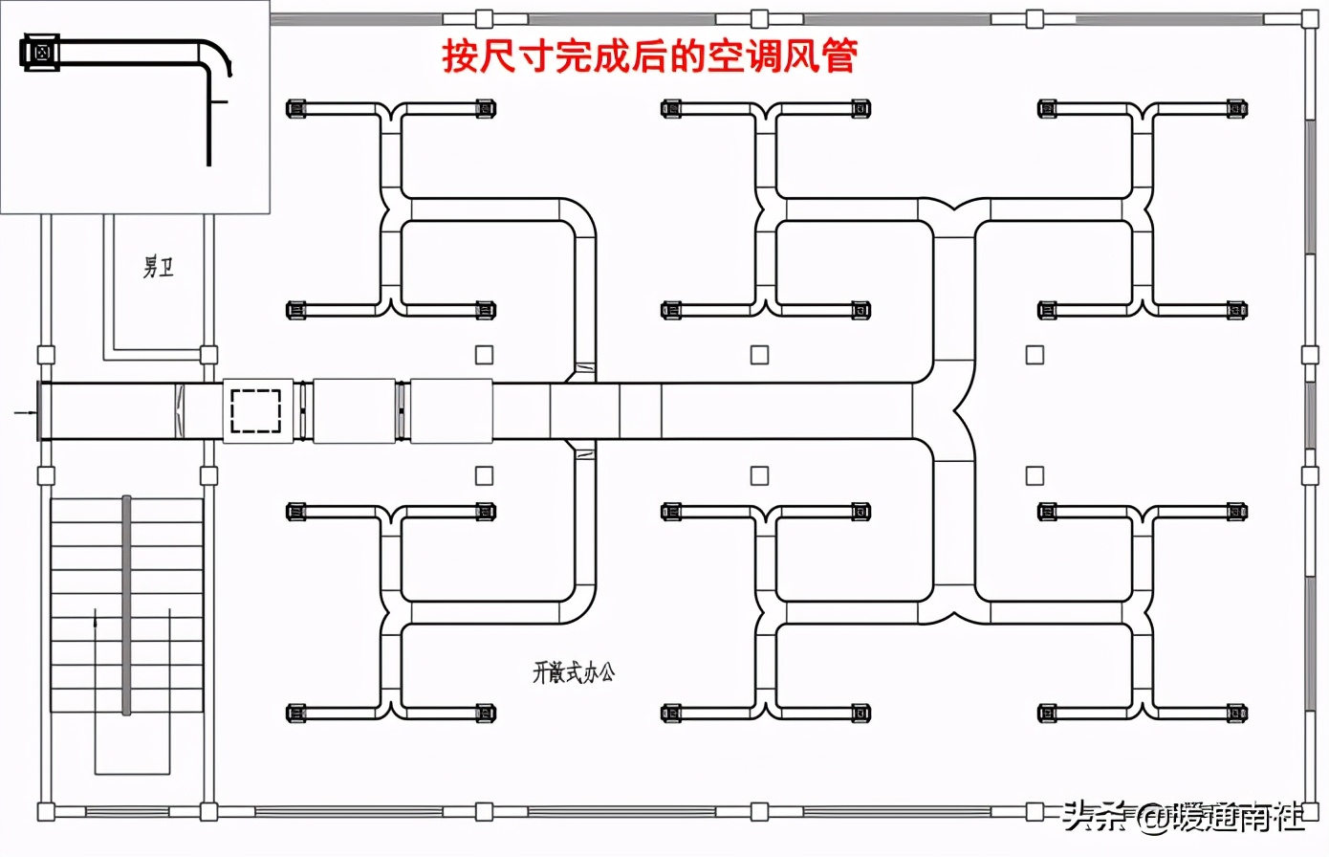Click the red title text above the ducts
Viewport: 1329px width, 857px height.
point(649,56)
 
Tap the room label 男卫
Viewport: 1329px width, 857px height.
point(159,267)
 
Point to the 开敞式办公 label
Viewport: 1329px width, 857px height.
point(574,672)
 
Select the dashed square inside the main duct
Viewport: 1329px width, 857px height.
point(256,410)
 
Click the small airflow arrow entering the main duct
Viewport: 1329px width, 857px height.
point(25,412)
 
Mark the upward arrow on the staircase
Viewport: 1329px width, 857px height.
point(95,622)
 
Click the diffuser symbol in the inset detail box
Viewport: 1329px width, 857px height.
point(40,53)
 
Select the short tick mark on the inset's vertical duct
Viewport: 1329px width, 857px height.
point(221,100)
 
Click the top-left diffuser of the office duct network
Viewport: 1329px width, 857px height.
point(296,108)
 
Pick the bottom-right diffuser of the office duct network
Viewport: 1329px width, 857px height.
point(1237,713)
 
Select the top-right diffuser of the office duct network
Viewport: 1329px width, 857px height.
point(1237,108)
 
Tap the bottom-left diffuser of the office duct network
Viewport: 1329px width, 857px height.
point(296,713)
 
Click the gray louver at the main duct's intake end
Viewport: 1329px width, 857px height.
point(40,411)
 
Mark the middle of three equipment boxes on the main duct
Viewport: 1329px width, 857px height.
point(354,411)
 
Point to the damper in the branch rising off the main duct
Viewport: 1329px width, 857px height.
point(583,368)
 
